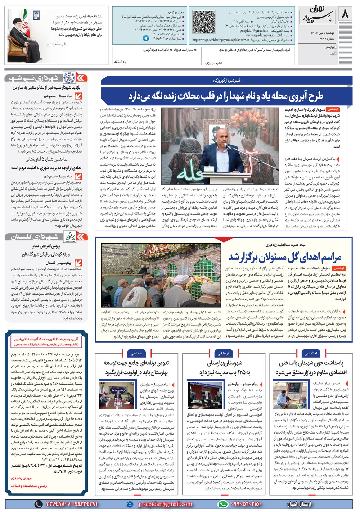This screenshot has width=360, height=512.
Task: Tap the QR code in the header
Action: [x=205, y=21]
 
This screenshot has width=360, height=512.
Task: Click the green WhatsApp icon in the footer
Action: [x=223, y=504]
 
